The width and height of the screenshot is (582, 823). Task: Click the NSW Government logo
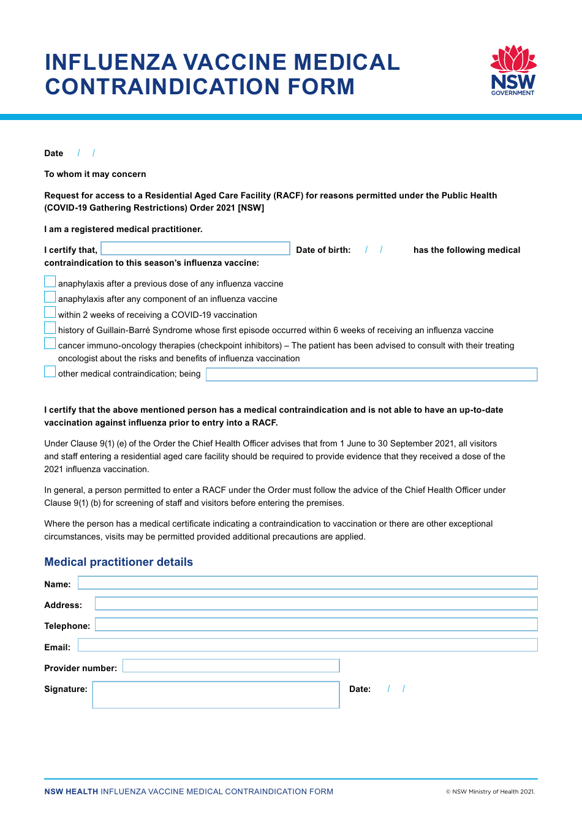click(x=513, y=70)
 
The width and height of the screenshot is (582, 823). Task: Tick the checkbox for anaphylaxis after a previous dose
click(x=50, y=282)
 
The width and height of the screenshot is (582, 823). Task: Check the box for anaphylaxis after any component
click(x=50, y=297)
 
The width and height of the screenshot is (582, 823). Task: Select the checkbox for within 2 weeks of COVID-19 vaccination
click(x=50, y=313)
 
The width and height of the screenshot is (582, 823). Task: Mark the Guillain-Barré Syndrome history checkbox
click(x=50, y=328)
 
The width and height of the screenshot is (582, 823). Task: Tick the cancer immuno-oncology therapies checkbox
click(x=50, y=344)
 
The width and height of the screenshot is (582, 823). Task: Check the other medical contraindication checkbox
click(x=50, y=372)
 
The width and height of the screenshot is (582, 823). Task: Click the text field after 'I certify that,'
click(x=195, y=249)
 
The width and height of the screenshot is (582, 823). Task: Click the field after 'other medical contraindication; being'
click(x=371, y=374)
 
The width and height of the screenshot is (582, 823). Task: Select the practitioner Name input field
click(x=308, y=583)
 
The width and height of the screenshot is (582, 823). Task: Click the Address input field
click(x=316, y=604)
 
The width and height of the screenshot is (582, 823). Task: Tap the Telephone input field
click(x=316, y=625)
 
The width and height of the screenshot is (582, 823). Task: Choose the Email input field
click(x=308, y=645)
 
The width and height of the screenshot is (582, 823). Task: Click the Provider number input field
click(x=231, y=666)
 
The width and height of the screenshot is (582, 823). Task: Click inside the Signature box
click(x=216, y=695)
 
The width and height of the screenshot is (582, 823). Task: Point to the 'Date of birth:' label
click(x=323, y=250)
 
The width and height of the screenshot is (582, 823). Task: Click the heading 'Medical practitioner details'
click(x=118, y=562)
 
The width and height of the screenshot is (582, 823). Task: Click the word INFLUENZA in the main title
click(x=111, y=62)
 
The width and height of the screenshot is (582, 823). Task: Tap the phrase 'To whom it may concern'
click(x=95, y=174)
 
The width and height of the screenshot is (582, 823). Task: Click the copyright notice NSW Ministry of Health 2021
click(x=490, y=792)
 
